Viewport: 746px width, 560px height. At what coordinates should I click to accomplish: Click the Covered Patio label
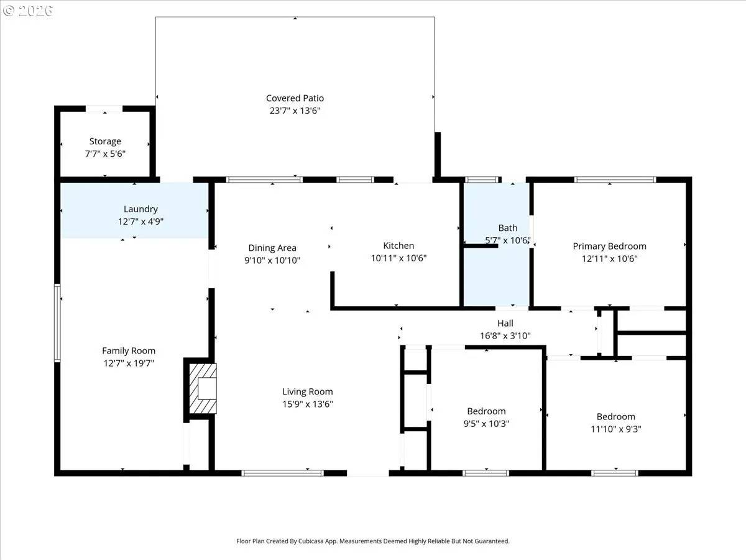pos(295,98)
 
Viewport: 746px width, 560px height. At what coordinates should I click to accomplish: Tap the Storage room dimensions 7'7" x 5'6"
pos(105,154)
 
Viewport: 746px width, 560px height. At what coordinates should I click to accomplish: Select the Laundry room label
pos(140,209)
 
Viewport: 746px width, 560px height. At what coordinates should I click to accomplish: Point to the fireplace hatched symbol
pos(203,388)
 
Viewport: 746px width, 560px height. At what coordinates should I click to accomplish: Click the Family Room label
pos(129,350)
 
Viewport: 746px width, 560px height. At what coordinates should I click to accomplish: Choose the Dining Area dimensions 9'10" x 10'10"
pos(272,261)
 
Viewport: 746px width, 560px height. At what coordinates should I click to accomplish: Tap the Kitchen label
pos(398,246)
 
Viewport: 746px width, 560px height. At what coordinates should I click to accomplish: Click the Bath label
pos(508,228)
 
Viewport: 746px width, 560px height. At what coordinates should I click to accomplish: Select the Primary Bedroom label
pos(609,246)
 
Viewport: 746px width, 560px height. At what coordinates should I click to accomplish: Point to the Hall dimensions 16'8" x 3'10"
pos(505,336)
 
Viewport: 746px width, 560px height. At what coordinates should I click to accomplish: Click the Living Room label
pos(307,392)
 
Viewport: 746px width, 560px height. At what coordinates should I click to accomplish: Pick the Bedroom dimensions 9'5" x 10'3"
pos(486,424)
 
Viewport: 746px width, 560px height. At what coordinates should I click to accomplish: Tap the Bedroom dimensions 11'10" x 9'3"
pos(616,429)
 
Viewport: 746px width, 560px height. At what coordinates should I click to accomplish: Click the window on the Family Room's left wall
pos(57,323)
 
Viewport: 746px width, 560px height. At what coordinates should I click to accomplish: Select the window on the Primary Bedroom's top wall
pos(615,180)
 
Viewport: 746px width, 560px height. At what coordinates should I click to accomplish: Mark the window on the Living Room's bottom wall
pos(282,473)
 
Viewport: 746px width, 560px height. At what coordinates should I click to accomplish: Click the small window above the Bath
pos(482,180)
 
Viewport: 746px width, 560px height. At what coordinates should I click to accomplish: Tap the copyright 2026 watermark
pos(27,11)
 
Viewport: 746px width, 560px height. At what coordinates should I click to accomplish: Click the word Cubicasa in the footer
pos(311,541)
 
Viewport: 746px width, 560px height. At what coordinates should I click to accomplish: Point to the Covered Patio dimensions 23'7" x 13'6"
pos(295,111)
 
